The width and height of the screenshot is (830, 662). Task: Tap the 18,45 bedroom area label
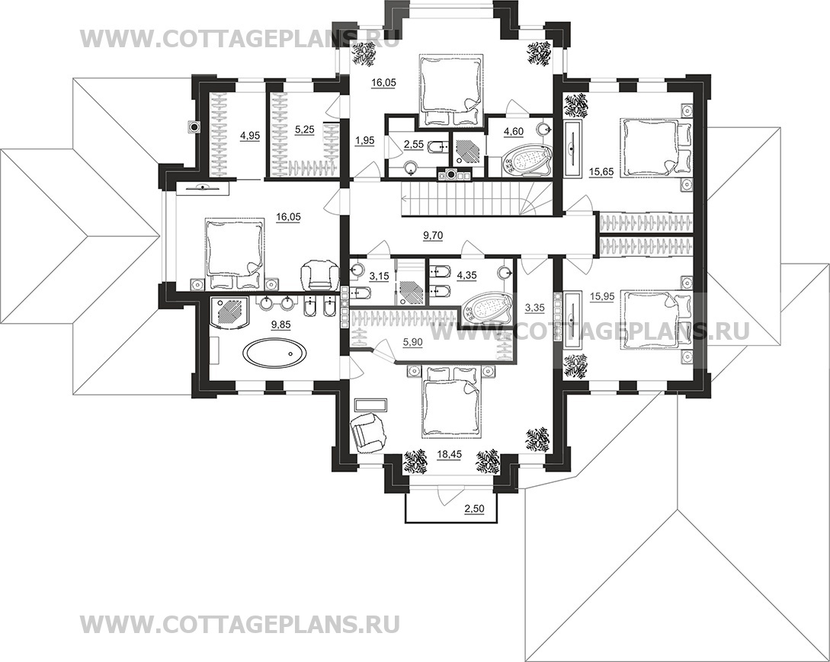pos(450,453)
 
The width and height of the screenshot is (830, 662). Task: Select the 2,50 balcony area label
pos(474,509)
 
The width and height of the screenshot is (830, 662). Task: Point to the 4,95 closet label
pos(250,136)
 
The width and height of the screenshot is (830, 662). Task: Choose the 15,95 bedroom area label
pos(601,297)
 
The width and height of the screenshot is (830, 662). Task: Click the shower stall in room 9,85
pos(229,313)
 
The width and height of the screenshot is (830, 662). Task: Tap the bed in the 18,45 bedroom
pos(453,401)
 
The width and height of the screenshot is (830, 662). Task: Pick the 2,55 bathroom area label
pos(414,143)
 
